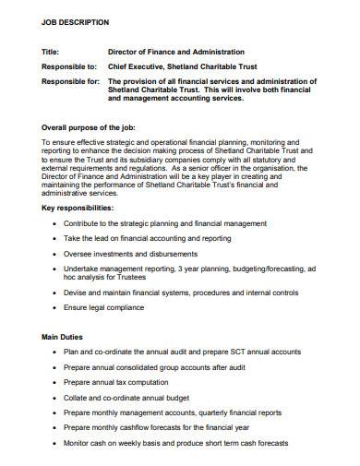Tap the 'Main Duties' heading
tap(66, 338)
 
